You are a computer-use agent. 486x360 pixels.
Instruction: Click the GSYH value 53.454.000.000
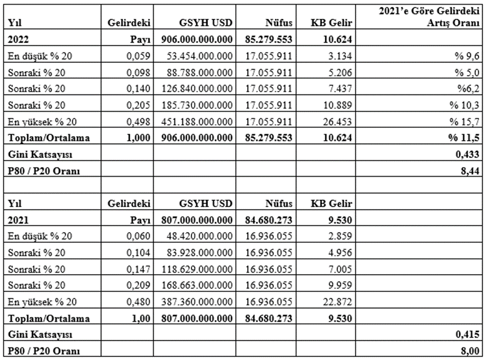pyautogui.click(x=202, y=56)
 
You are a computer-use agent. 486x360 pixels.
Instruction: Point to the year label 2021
pyautogui.click(x=18, y=220)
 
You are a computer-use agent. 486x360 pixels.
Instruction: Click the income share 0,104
pyautogui.click(x=141, y=253)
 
